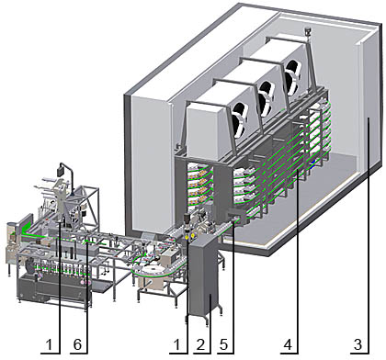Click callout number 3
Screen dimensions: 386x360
point(358,344)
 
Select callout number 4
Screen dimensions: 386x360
point(288,344)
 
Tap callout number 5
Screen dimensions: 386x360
point(223,344)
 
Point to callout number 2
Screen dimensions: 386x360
point(200,344)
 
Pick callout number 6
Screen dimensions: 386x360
point(77,344)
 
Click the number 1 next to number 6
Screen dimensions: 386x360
point(49,344)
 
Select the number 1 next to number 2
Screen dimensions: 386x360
point(177,344)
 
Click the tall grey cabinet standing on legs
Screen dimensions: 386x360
point(204,277)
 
